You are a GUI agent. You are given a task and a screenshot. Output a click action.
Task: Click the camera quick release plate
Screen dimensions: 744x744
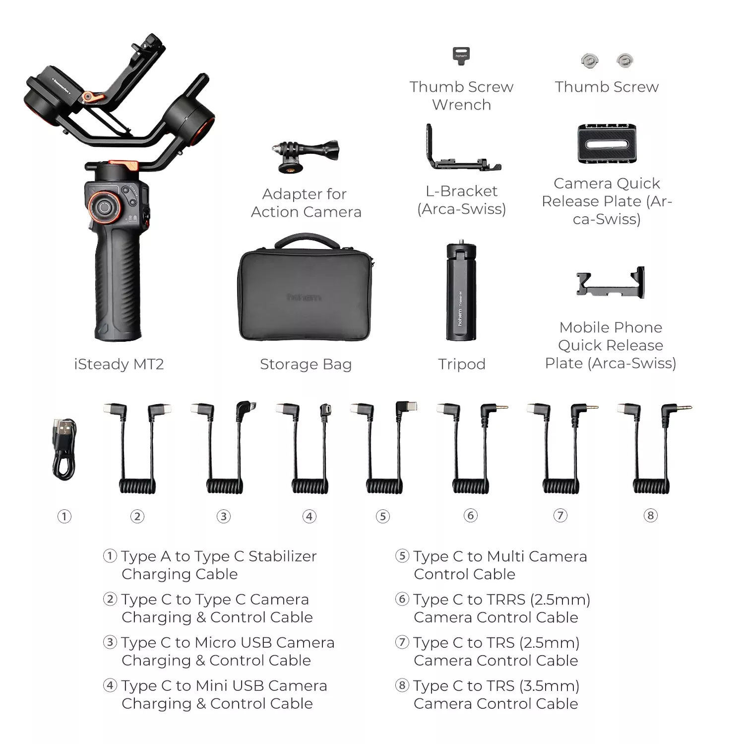607,144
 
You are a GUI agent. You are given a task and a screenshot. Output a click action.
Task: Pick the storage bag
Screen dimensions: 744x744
306,288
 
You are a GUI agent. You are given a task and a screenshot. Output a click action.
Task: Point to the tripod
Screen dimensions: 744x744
461,292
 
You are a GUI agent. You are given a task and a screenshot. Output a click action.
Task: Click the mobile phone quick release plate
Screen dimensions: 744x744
610,283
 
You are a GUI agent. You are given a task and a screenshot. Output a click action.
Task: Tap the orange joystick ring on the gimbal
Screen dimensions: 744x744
104,207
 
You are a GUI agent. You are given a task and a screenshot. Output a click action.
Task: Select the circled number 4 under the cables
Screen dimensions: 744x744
310,516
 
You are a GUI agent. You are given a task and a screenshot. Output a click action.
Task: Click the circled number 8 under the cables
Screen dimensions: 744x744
650,515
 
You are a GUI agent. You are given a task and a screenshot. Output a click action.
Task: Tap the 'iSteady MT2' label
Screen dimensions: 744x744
119,365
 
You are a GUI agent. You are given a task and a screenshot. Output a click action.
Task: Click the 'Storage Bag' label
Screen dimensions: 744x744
306,365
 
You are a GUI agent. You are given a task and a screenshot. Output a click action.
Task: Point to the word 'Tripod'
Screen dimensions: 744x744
462,365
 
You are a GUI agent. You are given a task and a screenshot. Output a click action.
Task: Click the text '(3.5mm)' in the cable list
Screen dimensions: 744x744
549,686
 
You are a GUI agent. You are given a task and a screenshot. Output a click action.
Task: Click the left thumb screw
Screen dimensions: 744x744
589,61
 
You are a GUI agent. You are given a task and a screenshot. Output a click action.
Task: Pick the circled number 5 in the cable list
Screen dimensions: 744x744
402,556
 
